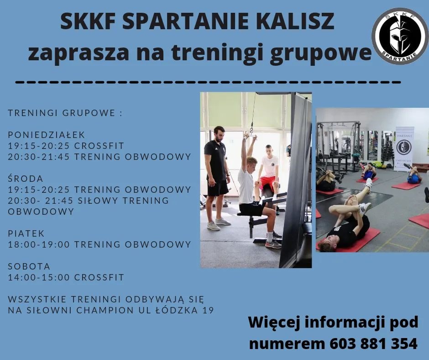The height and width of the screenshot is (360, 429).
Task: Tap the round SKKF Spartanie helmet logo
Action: [x=399, y=36]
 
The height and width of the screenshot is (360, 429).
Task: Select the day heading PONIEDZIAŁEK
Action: [x=47, y=135]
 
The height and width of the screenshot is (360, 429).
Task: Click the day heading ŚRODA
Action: [x=26, y=178]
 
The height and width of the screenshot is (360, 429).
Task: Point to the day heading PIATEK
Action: [x=26, y=233]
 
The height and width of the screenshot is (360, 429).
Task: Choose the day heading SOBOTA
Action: [x=29, y=266]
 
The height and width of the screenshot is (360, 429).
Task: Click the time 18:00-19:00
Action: [x=39, y=244]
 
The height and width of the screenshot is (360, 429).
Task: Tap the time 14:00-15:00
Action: [x=39, y=277]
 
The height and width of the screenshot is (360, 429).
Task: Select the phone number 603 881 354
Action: [x=373, y=344]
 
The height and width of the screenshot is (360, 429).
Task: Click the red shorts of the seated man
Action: [x=268, y=182]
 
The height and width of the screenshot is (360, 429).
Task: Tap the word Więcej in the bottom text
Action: [x=275, y=322]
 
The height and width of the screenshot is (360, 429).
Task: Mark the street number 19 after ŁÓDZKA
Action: [x=208, y=311]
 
